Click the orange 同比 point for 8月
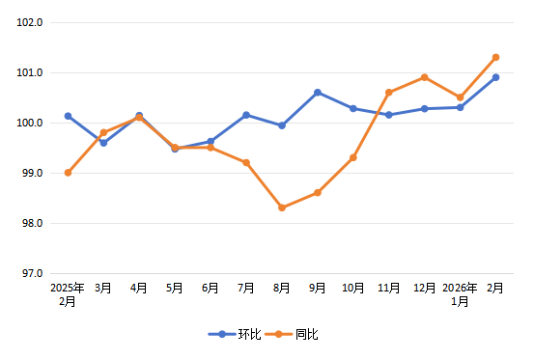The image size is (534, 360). pos(282,208)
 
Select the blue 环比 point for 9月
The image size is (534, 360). pos(318,93)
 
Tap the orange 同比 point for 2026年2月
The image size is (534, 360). pos(495,57)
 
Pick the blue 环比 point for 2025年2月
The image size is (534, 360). pos(68,116)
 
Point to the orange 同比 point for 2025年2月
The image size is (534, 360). pos(68,173)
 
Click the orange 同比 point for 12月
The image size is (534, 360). pos(425,77)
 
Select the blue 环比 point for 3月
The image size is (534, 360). pos(103,143)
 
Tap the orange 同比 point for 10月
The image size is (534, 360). pos(353,157)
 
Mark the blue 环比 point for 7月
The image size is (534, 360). pos(246,115)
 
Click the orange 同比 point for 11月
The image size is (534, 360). pos(389,93)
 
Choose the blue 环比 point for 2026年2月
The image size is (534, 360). pos(495,77)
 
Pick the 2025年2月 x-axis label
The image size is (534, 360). pos(68,294)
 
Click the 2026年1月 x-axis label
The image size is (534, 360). pos(461,294)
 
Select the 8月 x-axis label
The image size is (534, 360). pos(282,288)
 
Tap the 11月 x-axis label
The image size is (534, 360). pos(389,288)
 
